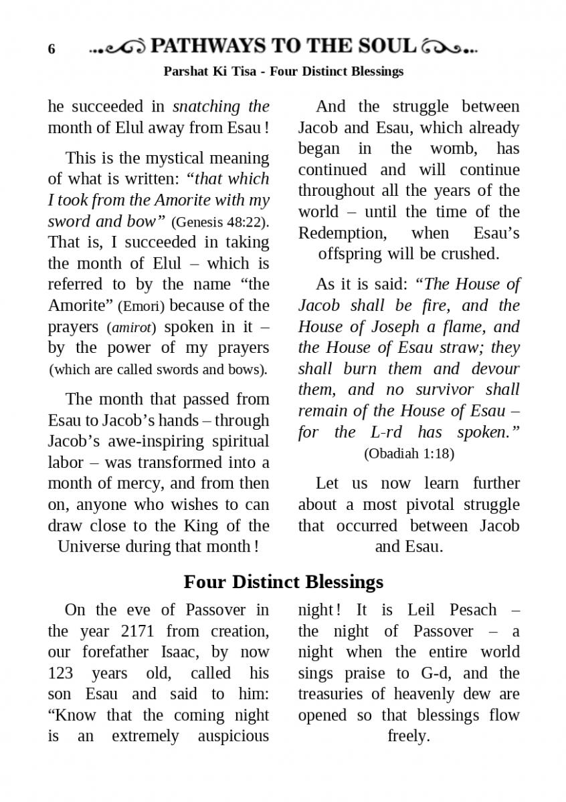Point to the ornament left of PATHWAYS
tap(118, 48)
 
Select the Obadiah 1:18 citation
tap(409, 454)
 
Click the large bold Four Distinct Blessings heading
tap(283, 581)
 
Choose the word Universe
tap(87, 547)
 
